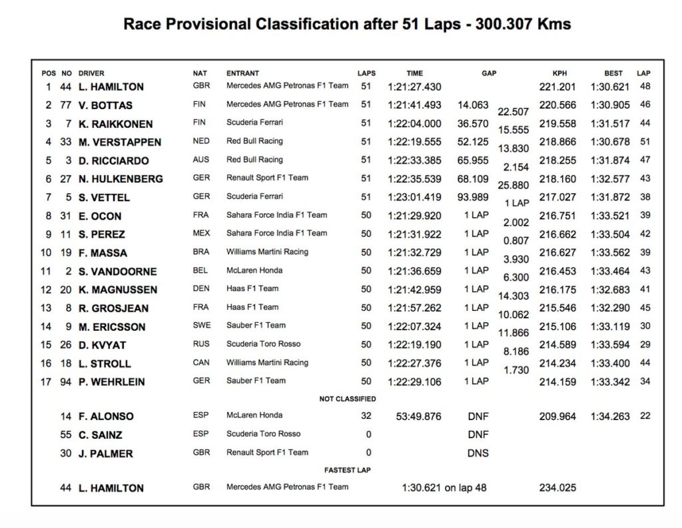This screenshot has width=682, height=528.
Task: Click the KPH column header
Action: tap(559, 73)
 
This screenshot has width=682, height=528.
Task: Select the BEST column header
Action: tap(613, 73)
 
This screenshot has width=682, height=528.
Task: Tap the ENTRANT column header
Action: tap(242, 73)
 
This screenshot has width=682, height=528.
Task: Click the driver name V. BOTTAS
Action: tap(105, 105)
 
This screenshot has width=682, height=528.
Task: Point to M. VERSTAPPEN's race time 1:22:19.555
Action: tap(414, 142)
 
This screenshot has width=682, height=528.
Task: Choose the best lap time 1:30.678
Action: tap(610, 142)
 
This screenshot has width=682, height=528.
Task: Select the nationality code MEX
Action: tap(201, 234)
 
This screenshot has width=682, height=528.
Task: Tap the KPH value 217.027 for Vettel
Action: tap(559, 197)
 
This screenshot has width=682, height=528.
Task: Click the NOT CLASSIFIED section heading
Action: tap(348, 399)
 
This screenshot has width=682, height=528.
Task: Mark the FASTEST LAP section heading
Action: tap(348, 470)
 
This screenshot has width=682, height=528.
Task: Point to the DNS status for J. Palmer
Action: tap(478, 453)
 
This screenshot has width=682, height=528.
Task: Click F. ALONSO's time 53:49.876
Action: tap(418, 416)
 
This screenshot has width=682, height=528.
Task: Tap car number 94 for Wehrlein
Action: tap(66, 382)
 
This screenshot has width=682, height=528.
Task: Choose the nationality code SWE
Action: tap(201, 326)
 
